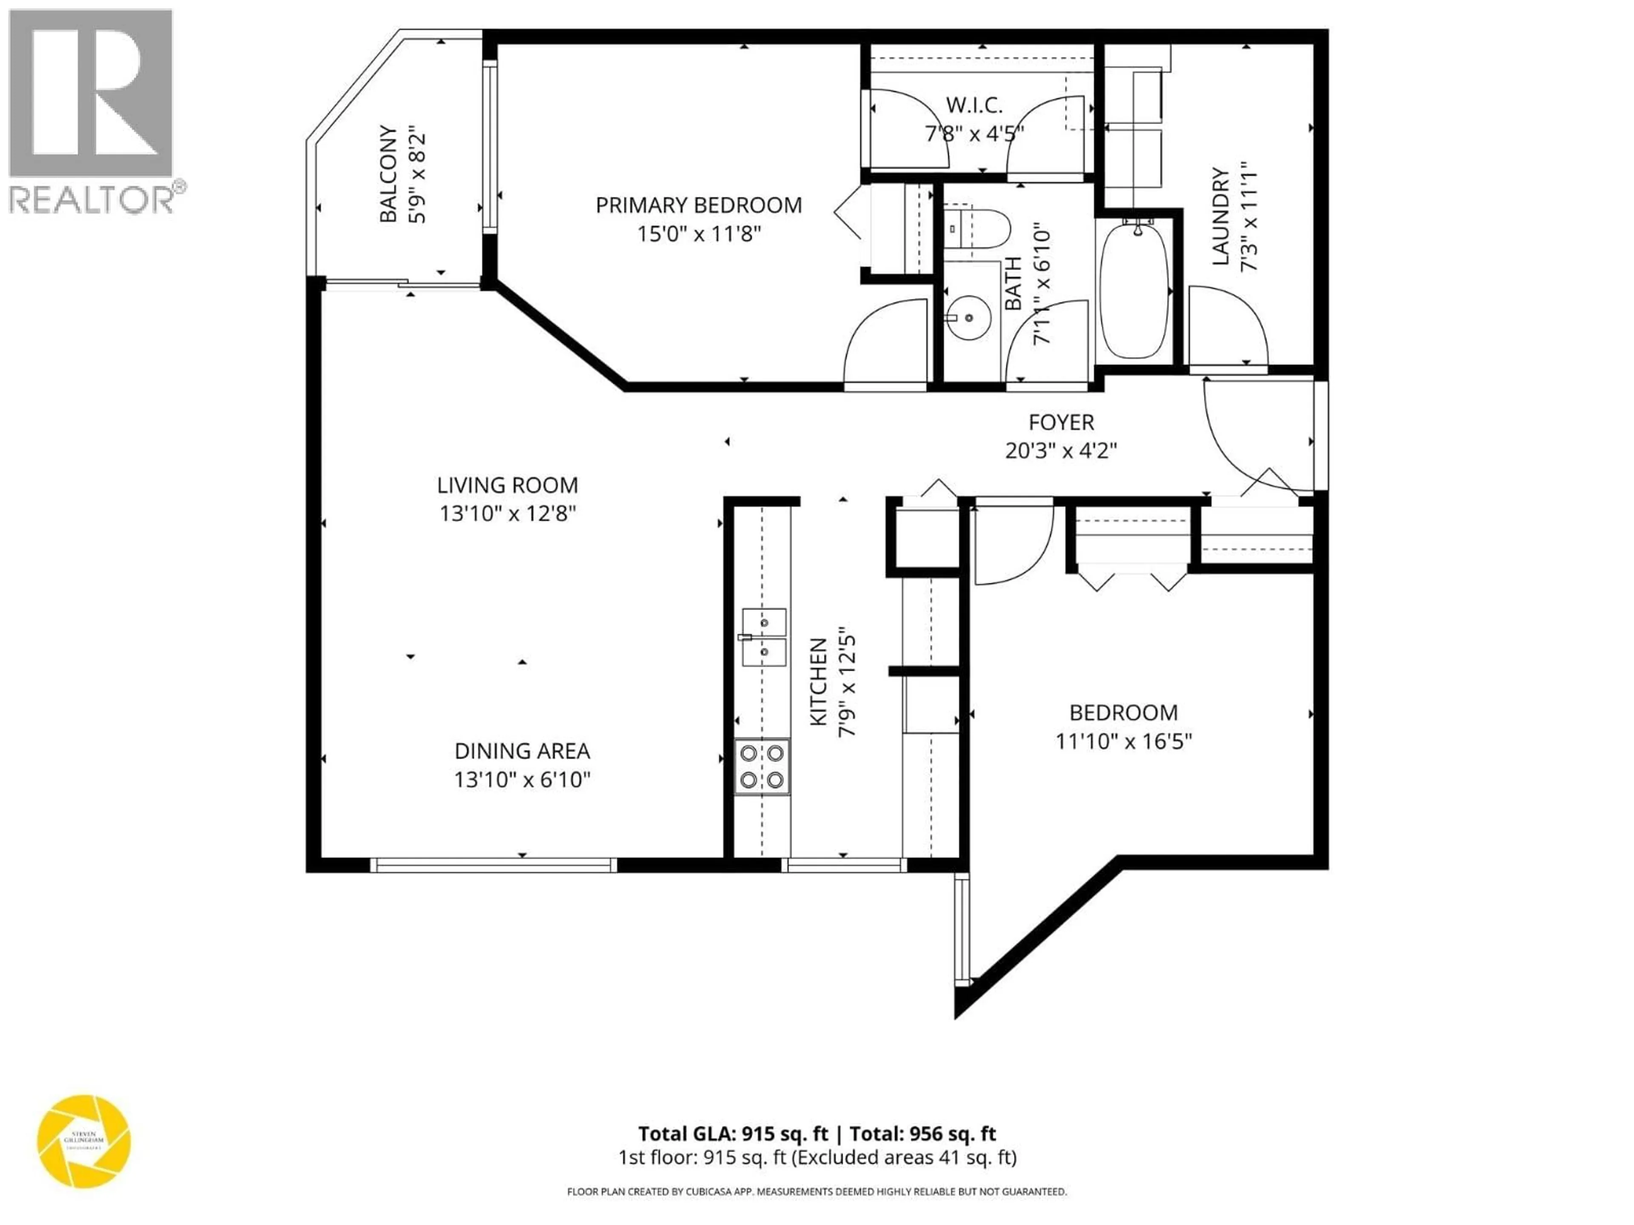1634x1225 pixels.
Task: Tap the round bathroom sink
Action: (968, 317)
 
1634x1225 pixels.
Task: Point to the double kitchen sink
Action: (764, 637)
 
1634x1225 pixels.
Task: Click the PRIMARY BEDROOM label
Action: (698, 205)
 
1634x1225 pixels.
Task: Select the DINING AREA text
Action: (522, 751)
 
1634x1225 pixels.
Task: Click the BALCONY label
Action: (387, 174)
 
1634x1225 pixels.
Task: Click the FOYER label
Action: (1061, 422)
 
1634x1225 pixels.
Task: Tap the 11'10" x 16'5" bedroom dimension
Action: (1123, 741)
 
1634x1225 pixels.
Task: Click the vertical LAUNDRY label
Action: (1220, 217)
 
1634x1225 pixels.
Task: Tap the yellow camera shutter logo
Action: (83, 1142)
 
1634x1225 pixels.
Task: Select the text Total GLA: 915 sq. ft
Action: (733, 1134)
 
